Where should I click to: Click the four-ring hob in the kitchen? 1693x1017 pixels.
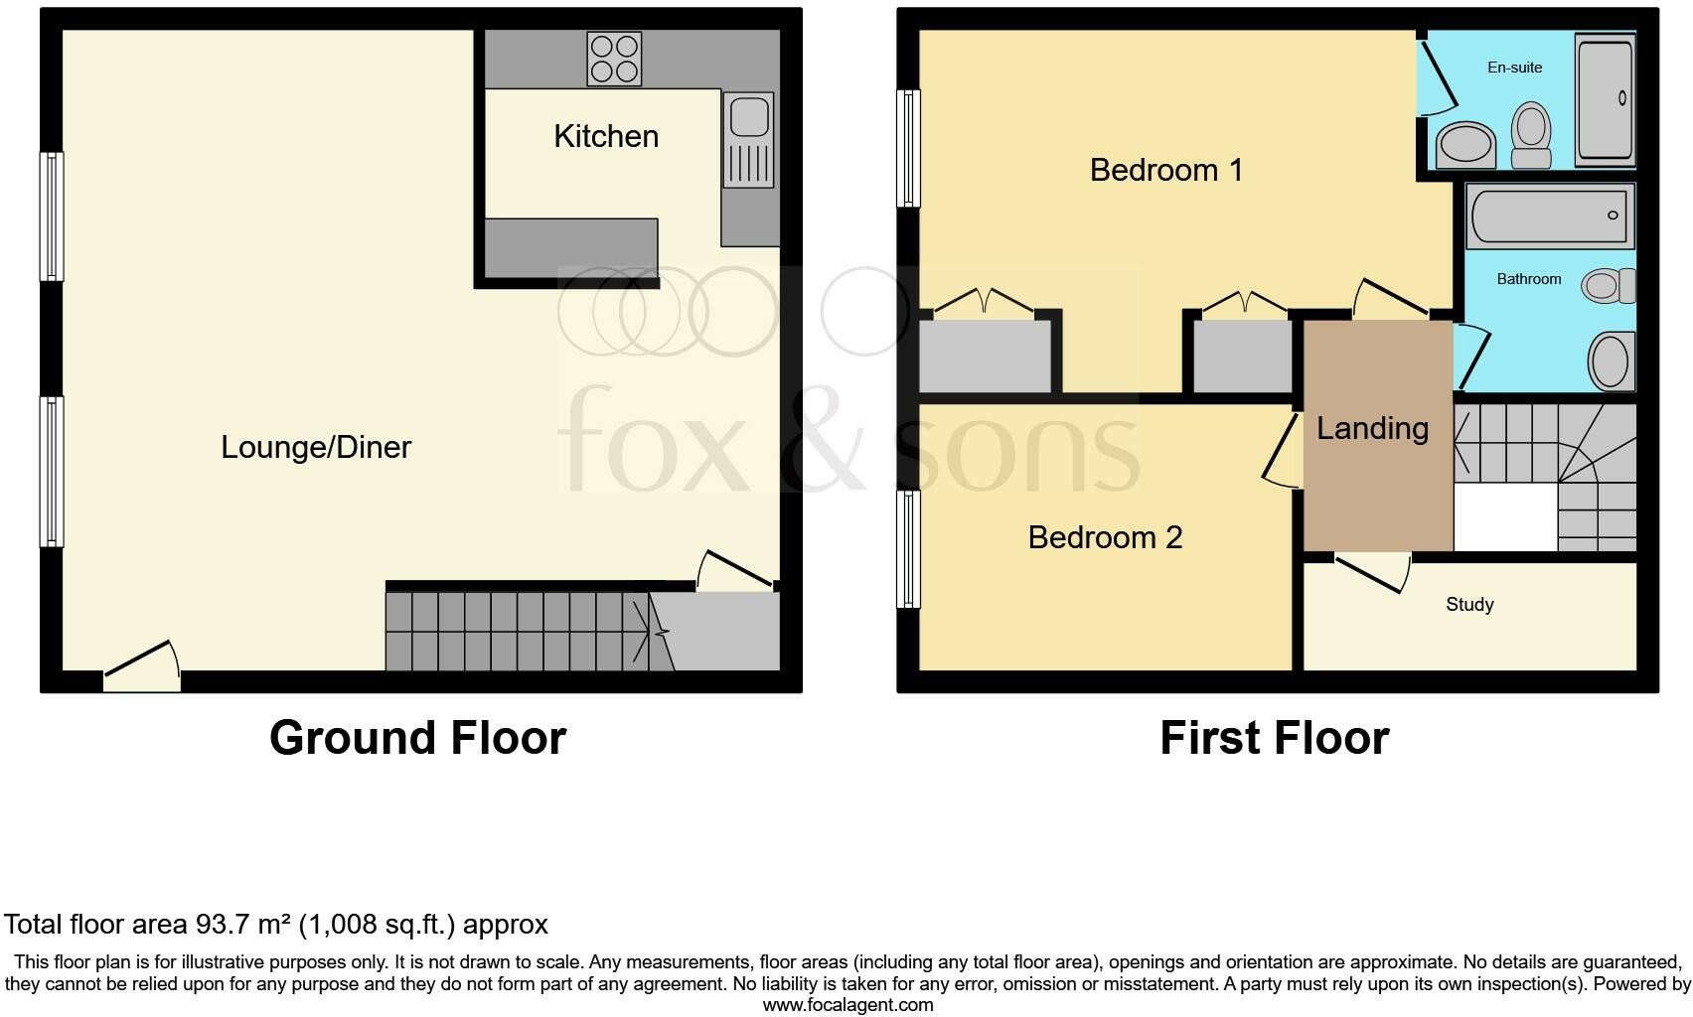click(x=614, y=59)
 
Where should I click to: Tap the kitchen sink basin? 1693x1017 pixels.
click(x=749, y=117)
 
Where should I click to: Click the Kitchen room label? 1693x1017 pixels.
click(x=606, y=136)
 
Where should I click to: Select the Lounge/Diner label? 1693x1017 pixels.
click(x=316, y=447)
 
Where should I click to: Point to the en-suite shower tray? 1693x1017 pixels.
click(x=1605, y=98)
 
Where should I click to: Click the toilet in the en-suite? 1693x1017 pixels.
click(x=1531, y=137)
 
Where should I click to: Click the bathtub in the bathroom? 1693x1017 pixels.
click(x=1549, y=215)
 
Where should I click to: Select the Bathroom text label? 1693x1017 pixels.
click(x=1528, y=279)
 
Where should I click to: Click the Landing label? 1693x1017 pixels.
click(x=1372, y=428)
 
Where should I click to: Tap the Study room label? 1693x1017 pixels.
click(x=1469, y=605)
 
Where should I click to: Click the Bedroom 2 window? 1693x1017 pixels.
click(x=908, y=548)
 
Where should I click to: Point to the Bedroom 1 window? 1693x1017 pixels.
click(x=908, y=148)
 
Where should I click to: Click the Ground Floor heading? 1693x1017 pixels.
click(x=417, y=738)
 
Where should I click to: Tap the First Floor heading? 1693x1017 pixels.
click(x=1274, y=738)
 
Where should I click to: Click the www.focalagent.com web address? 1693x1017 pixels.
click(x=846, y=1005)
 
